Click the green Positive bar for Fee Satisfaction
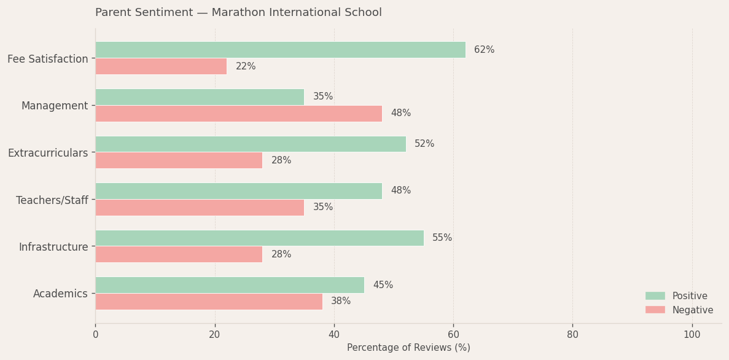pyautogui.click(x=280, y=50)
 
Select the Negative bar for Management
pyautogui.click(x=238, y=114)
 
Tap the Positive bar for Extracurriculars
pyautogui.click(x=251, y=144)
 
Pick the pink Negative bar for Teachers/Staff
pyautogui.click(x=200, y=208)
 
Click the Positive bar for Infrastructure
pyautogui.click(x=259, y=238)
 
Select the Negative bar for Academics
pyautogui.click(x=209, y=302)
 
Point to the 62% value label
pyautogui.click(x=484, y=50)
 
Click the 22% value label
pyautogui.click(x=246, y=66)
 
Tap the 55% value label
pyautogui.click(x=442, y=238)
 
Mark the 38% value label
pyautogui.click(x=341, y=301)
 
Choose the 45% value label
pyautogui.click(x=383, y=285)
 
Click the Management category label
pyautogui.click(x=55, y=106)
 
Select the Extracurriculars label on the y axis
pyautogui.click(x=48, y=153)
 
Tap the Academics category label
pyautogui.click(x=60, y=294)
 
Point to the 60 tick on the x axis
pyautogui.click(x=453, y=335)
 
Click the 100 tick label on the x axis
pyautogui.click(x=692, y=335)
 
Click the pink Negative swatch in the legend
pyautogui.click(x=655, y=310)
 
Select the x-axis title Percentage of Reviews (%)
pyautogui.click(x=408, y=348)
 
